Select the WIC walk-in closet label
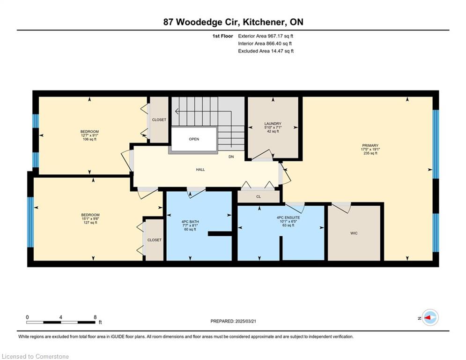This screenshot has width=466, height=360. click(x=354, y=233)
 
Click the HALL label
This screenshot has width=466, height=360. click(x=200, y=170)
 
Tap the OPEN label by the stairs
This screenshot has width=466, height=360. click(x=194, y=139)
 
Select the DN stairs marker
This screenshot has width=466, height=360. click(x=231, y=157)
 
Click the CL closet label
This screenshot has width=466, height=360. click(x=259, y=197)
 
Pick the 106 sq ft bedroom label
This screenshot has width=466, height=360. click(x=90, y=135)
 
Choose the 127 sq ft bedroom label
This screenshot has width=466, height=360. click(x=90, y=219)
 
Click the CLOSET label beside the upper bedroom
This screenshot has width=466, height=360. click(x=159, y=120)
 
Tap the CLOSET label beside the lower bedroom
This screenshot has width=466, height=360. click(x=155, y=240)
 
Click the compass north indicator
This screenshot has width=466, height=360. click(x=428, y=318)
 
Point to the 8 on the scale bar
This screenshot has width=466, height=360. click(x=95, y=317)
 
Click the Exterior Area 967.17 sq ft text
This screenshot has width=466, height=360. click(x=266, y=36)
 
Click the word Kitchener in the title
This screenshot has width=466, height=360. click(x=262, y=22)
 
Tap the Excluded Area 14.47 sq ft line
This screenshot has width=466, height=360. click(x=266, y=51)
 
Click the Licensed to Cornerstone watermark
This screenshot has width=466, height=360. click(x=35, y=356)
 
